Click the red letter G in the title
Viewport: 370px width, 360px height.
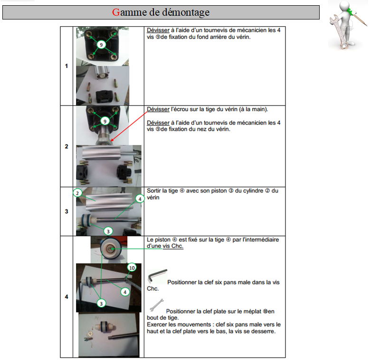[x=116, y=12]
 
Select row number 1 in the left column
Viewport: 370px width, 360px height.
[x=66, y=66]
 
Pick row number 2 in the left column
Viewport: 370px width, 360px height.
[x=66, y=146]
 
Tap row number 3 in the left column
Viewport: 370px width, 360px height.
[x=66, y=212]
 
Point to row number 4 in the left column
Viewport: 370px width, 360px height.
[x=66, y=297]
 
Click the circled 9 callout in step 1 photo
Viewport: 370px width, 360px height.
[x=101, y=45]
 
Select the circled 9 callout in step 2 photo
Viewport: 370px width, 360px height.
[x=105, y=121]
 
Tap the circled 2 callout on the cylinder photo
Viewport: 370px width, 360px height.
[x=77, y=193]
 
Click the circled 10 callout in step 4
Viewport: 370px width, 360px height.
[x=132, y=268]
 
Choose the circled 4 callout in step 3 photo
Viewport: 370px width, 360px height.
[x=140, y=199]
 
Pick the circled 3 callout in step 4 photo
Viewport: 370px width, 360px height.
[x=101, y=303]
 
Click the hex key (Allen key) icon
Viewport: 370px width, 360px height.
[x=157, y=276]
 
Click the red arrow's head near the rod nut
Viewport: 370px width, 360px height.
[x=112, y=140]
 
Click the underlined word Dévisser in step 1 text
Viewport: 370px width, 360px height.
[x=158, y=30]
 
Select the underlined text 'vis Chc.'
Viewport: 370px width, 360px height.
[x=173, y=246]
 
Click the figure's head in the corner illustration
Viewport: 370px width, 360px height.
[x=345, y=6]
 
